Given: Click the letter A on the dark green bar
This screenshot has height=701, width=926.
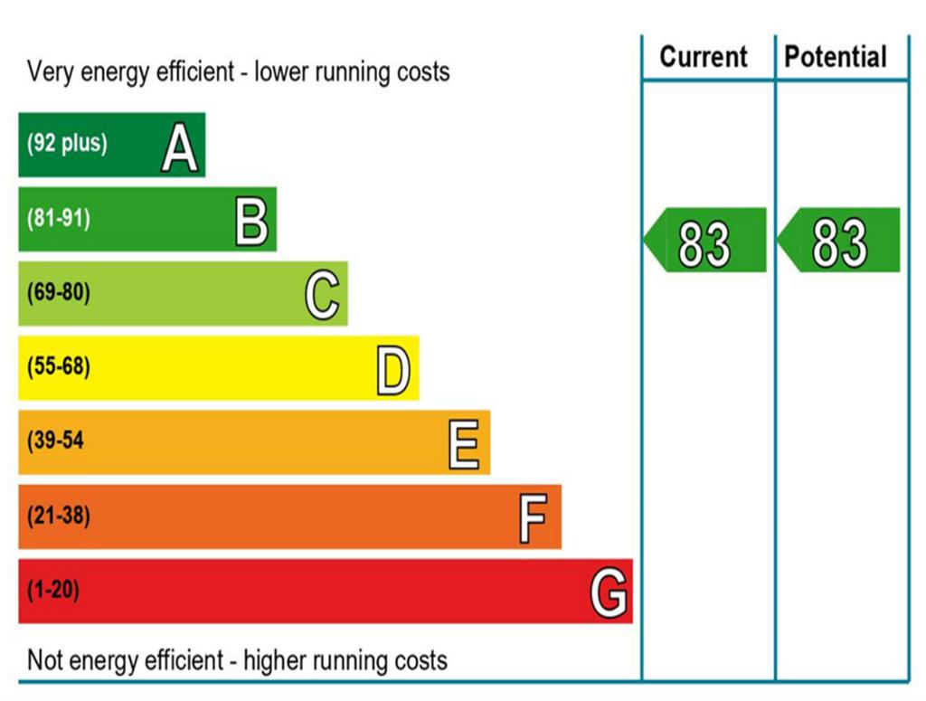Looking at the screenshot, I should (179, 148).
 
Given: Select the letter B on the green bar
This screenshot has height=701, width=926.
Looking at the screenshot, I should (251, 223).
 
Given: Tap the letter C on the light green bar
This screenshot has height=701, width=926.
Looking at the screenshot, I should (322, 297).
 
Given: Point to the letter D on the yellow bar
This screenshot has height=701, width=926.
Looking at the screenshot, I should (393, 371).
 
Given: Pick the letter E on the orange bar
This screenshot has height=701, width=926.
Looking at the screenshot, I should (464, 445).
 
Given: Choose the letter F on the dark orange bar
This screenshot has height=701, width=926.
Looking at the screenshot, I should (534, 519).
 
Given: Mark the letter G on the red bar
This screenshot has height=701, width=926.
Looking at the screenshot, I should (609, 594).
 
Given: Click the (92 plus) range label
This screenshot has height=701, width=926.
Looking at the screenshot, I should (67, 143).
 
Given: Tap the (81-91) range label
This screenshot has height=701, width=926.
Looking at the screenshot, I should (59, 218).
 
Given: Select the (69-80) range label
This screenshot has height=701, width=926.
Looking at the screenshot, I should (59, 293).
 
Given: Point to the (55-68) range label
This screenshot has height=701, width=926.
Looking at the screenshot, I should (59, 367).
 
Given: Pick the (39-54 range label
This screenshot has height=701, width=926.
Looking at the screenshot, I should (56, 441).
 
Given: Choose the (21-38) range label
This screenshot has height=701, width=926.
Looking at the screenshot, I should (59, 516).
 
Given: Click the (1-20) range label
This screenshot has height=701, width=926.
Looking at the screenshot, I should (53, 591).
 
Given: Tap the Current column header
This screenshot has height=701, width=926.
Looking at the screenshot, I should (704, 57).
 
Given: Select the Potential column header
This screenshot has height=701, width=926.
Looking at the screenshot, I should (836, 57).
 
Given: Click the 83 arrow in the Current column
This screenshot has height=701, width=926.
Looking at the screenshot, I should (705, 241).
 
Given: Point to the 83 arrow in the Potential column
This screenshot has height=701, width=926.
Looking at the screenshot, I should (839, 241).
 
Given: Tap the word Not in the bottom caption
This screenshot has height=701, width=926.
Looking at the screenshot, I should (46, 659).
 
